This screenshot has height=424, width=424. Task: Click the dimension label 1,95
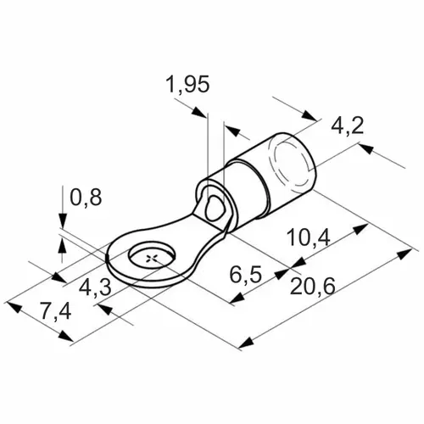click(188, 84)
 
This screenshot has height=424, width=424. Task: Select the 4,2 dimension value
click(347, 126)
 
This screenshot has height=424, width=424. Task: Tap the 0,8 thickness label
click(86, 197)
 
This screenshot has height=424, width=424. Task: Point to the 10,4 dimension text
click(308, 237)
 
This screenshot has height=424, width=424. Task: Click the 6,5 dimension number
click(245, 275)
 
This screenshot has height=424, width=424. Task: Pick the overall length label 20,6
click(312, 286)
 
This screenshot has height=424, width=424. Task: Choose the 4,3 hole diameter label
click(95, 288)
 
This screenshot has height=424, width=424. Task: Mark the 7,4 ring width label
click(55, 311)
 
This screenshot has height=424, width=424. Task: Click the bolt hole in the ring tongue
click(152, 257)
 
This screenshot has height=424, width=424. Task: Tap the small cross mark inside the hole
click(152, 258)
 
